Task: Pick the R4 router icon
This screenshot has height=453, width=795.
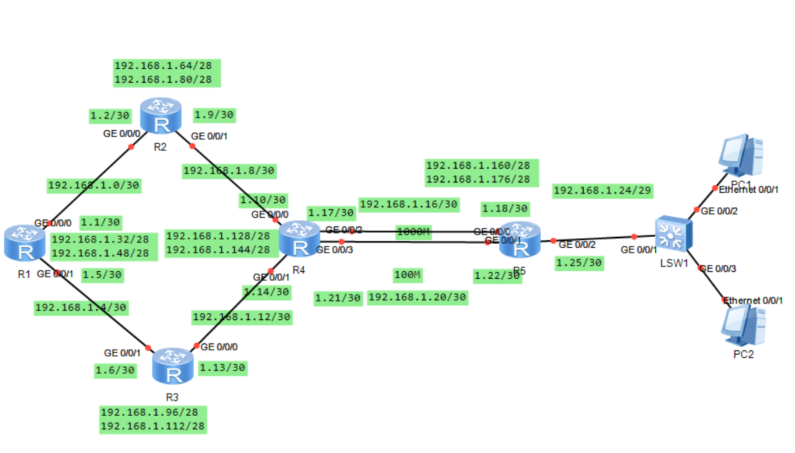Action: (300, 239)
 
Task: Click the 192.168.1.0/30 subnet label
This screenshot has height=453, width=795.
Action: (94, 185)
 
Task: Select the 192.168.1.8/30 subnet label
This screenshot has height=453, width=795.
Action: (229, 170)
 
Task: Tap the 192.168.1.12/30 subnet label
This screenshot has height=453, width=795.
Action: (241, 317)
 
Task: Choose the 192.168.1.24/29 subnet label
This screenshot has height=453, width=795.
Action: (603, 190)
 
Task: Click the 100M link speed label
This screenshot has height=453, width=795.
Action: (407, 275)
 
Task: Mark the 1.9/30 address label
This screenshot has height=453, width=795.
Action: (214, 114)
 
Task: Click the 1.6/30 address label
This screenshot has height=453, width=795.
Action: (115, 370)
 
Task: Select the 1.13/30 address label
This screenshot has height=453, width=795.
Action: (222, 368)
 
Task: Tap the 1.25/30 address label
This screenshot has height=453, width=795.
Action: (579, 262)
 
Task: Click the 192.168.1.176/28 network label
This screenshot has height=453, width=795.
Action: (478, 179)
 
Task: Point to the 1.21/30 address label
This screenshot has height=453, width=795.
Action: (338, 298)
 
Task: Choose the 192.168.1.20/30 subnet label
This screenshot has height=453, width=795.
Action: (417, 297)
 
